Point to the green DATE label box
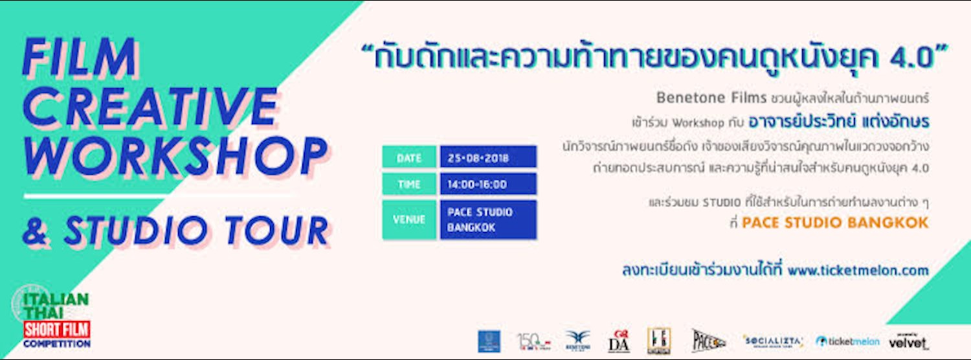pos(408,157)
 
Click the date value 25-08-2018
pos(487,157)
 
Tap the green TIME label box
pos(408,185)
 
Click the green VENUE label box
pos(408,219)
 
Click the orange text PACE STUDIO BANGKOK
pos(835,223)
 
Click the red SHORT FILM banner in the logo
pos(56,330)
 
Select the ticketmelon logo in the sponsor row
pos(847,341)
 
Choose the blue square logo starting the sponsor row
pos(489,341)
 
